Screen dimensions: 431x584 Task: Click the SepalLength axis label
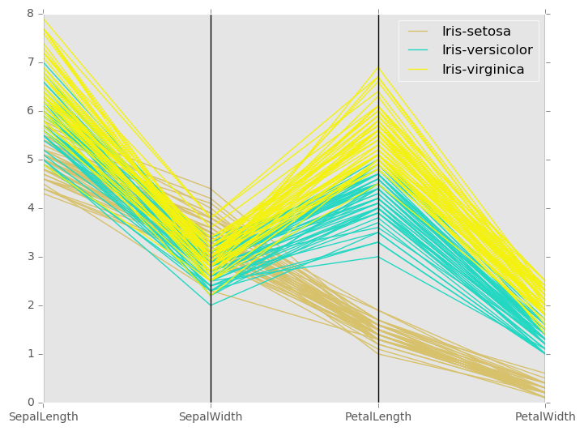(44, 417)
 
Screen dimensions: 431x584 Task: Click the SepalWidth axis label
(211, 417)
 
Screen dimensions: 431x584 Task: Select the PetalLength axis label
(378, 417)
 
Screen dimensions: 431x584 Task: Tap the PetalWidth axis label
(546, 417)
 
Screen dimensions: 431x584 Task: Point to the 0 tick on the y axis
(30, 403)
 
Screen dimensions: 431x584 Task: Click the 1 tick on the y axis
(30, 354)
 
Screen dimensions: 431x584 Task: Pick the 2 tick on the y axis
(30, 305)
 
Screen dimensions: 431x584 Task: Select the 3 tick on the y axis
(30, 257)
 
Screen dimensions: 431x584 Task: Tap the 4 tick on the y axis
(30, 208)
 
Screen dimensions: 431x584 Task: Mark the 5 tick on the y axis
(30, 160)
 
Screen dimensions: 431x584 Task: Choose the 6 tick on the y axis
(30, 111)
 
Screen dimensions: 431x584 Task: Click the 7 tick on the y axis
(30, 62)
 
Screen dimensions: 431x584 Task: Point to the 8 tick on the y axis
(30, 14)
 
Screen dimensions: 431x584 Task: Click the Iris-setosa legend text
(476, 32)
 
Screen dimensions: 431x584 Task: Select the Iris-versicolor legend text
(487, 50)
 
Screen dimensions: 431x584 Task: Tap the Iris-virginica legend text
(483, 70)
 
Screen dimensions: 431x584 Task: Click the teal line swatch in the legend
(418, 51)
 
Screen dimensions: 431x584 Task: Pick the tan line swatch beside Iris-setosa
(418, 32)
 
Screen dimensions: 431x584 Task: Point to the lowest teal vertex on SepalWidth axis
(211, 305)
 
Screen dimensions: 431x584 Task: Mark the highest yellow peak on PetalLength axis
(378, 66)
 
